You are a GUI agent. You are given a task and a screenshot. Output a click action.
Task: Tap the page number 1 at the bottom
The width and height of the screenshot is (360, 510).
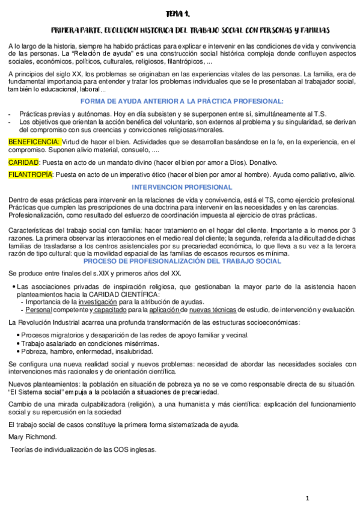(x=307, y=499)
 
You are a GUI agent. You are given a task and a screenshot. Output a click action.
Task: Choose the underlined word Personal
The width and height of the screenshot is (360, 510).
(x=39, y=310)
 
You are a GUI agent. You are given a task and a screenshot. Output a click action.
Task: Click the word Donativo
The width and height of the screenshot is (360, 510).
(x=261, y=162)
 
